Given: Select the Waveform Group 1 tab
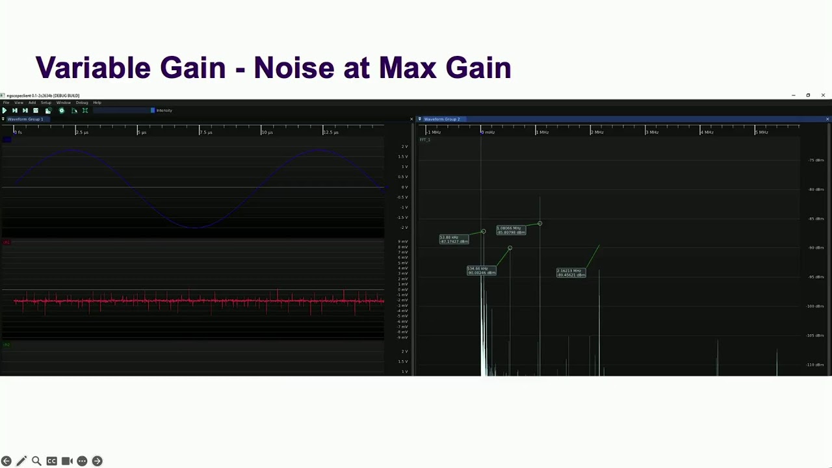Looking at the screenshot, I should point(25,119).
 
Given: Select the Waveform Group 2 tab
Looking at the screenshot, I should point(441,119).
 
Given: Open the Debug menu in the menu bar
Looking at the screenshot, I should point(82,103).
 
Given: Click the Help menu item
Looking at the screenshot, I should point(97,103).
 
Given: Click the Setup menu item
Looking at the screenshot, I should point(46,103).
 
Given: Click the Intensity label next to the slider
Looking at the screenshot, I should point(164,110).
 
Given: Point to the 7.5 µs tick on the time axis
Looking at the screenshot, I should point(205,132).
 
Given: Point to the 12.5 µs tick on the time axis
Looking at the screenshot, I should point(330,132).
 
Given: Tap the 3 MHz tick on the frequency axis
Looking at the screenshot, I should point(651,132).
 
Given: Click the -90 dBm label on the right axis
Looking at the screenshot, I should point(816,248).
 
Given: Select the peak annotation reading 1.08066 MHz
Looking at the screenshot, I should point(510,229).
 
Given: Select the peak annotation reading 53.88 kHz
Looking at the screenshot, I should point(453,239).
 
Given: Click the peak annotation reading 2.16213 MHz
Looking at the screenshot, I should point(570,272).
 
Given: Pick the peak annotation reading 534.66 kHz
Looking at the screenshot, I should point(481,270).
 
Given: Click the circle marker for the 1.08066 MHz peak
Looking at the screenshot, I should point(539,224).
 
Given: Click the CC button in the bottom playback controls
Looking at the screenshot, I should point(51,461).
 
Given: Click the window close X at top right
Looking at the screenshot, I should point(823,96).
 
